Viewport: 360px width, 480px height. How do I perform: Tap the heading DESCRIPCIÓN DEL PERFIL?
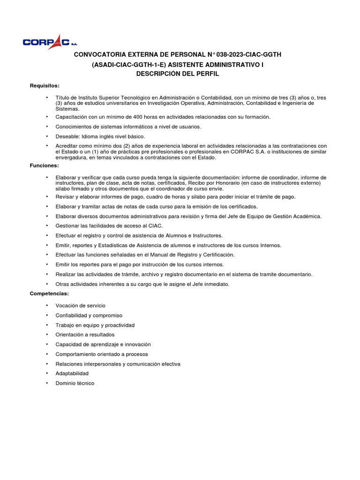point(178,74)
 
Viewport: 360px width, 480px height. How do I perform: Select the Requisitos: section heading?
point(45,85)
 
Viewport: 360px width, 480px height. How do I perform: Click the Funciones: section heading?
point(44,165)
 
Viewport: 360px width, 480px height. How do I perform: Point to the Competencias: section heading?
point(49,293)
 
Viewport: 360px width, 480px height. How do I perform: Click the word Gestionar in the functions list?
point(68,225)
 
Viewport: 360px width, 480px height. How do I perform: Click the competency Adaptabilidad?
point(72,373)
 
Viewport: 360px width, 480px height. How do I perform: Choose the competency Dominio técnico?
point(75,383)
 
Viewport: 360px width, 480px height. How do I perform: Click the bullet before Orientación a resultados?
point(47,335)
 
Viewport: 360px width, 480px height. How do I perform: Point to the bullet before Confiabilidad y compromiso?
point(47,315)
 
